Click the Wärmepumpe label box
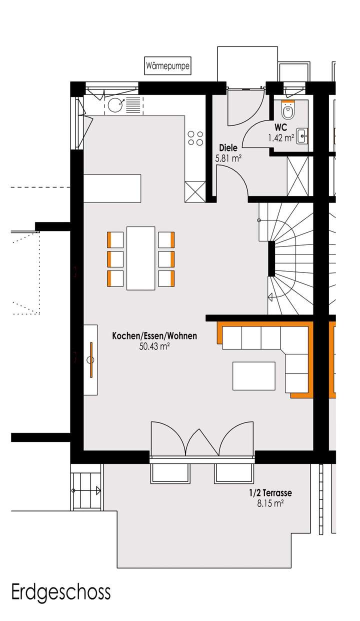167,66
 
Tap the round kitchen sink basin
115,104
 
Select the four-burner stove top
195,138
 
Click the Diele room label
228,148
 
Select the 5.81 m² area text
228,158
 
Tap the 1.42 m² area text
280,138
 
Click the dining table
141,258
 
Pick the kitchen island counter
112,188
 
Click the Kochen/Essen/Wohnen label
154,336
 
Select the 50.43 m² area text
154,346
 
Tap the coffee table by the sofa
253,375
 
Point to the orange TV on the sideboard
91,359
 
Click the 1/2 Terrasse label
270,493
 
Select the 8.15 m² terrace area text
270,504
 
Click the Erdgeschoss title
60,593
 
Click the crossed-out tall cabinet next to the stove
194,191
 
